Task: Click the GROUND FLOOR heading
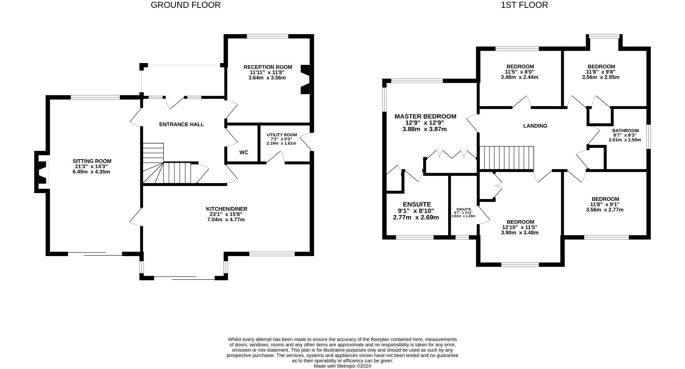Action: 186,5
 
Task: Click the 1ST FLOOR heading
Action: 524,5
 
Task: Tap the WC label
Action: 244,152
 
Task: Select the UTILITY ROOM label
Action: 282,135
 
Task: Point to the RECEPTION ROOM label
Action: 268,67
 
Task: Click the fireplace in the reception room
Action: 304,79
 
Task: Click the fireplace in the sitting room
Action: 42,172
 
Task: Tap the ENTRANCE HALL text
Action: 181,124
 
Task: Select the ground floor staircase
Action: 168,167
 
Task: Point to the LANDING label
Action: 535,126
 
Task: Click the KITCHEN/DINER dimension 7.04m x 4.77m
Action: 227,219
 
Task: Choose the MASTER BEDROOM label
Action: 425,116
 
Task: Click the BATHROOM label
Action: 625,131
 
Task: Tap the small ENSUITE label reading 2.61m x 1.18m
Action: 463,216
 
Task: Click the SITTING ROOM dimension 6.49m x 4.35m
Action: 92,172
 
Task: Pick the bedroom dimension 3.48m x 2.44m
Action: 519,77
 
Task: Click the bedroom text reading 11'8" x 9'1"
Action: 605,204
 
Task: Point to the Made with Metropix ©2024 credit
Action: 342,366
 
